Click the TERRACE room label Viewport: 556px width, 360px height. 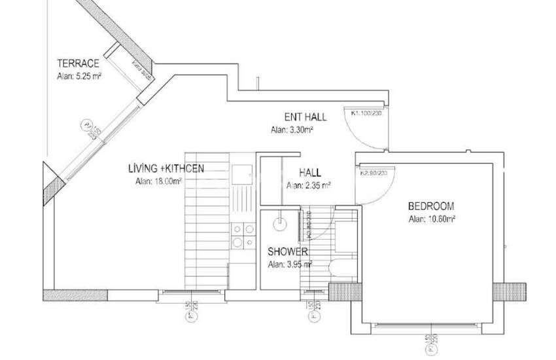click(x=78, y=63)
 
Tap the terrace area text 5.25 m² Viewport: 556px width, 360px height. click(x=78, y=75)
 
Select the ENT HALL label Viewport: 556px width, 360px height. click(x=305, y=117)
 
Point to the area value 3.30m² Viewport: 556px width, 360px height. click(x=292, y=130)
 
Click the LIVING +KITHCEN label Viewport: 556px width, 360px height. click(x=165, y=169)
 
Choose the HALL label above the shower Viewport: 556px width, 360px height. click(x=310, y=173)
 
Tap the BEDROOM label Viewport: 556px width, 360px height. click(x=432, y=206)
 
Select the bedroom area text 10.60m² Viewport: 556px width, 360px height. click(x=432, y=219)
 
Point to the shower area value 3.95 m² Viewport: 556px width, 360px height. click(x=290, y=264)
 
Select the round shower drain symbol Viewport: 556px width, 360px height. click(x=280, y=221)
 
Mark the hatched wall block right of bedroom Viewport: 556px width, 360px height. click(x=509, y=291)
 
